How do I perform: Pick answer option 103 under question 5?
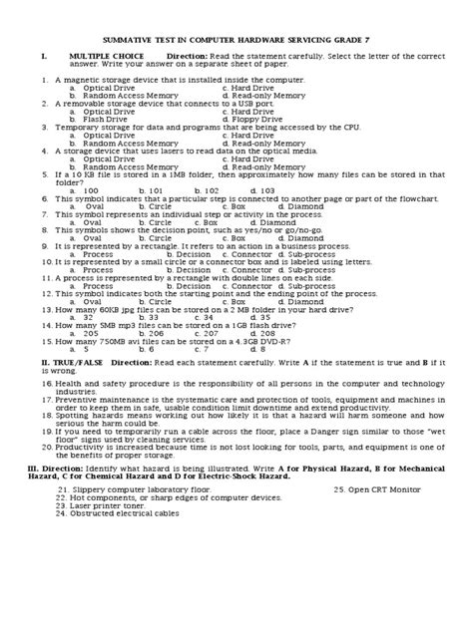point(261,189)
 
